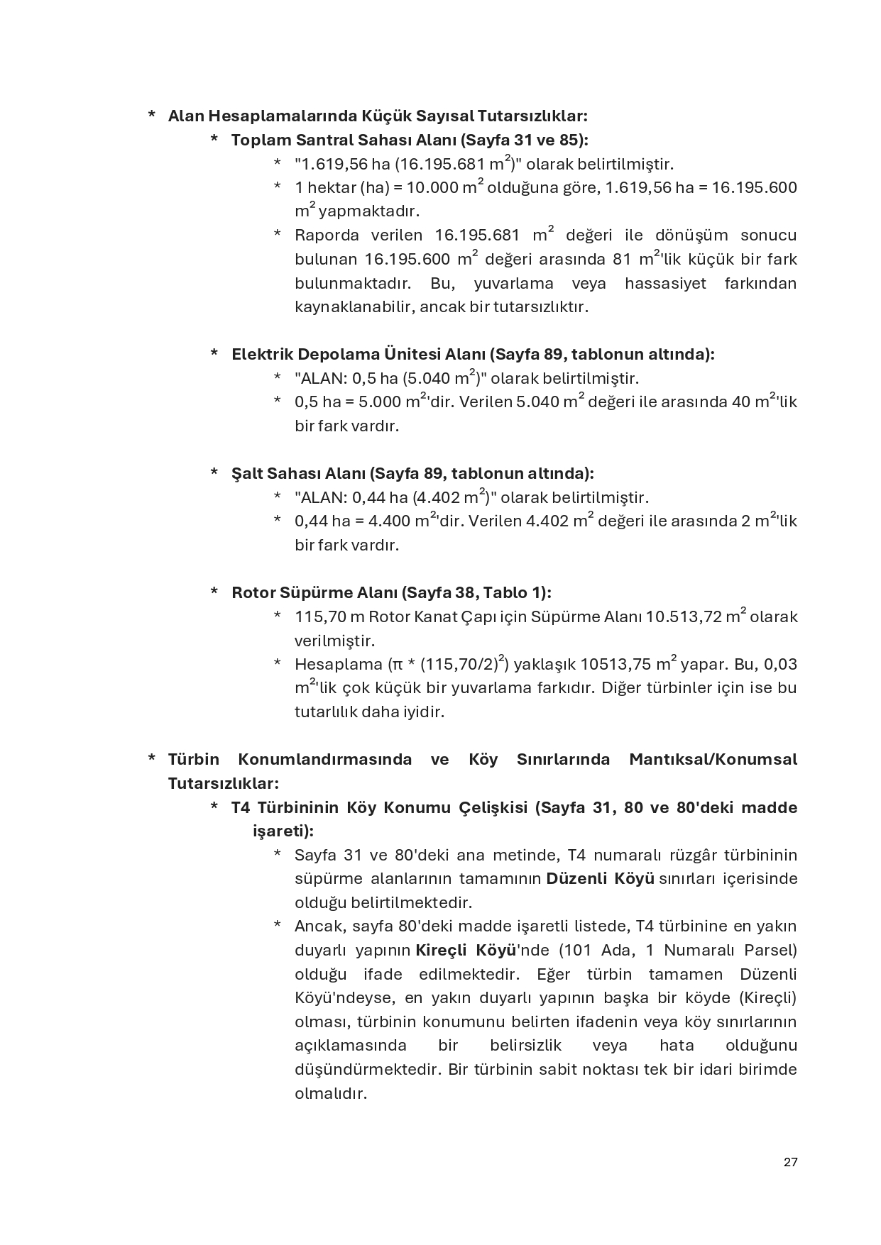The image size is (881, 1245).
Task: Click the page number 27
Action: tap(790, 1162)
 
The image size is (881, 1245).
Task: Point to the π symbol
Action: tap(395, 665)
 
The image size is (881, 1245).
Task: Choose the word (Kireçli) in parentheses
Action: tap(767, 997)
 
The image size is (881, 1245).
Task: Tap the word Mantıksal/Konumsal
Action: tap(713, 760)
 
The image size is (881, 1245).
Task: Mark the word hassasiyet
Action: tap(665, 284)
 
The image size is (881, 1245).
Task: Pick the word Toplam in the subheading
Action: tap(260, 140)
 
